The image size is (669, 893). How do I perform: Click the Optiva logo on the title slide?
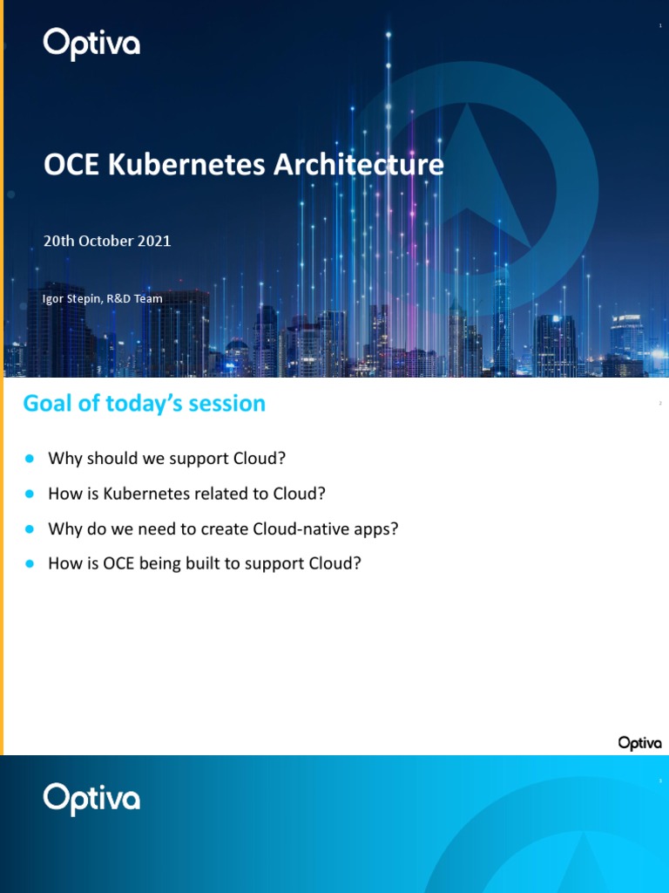coord(91,44)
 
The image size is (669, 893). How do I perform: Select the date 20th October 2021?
coord(107,242)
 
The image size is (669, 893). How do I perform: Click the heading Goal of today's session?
coord(144,404)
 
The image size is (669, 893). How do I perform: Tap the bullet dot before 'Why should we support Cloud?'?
coord(30,459)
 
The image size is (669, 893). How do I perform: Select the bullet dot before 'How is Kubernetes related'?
coord(30,494)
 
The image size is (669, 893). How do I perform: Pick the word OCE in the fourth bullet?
coord(118,563)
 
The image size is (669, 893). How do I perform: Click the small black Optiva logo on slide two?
coord(639,743)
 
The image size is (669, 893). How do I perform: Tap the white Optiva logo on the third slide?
coord(91,799)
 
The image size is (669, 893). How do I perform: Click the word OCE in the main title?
coord(72,165)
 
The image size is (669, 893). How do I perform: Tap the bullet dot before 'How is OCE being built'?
coord(30,563)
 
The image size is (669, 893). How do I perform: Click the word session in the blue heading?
coord(229,404)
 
